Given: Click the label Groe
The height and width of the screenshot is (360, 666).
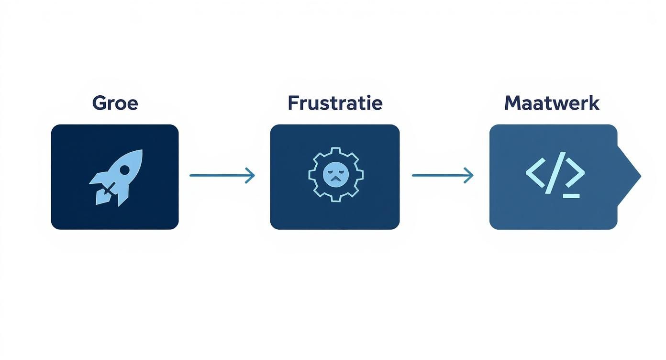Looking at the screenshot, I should point(115,103).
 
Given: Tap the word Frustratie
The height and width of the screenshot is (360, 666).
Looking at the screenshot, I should point(335,103).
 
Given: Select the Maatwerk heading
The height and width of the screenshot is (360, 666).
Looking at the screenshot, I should point(552,103).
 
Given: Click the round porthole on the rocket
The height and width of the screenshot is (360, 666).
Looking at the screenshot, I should point(124,169).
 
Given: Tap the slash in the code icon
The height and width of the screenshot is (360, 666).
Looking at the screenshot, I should point(555,172).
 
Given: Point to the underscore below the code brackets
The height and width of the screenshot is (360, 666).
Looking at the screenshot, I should point(571,196).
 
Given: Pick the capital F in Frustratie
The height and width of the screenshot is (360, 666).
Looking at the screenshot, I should point(293,103).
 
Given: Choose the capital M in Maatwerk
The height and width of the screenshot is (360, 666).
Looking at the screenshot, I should point(513,103).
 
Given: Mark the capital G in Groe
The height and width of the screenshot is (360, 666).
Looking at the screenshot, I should point(99,103).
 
